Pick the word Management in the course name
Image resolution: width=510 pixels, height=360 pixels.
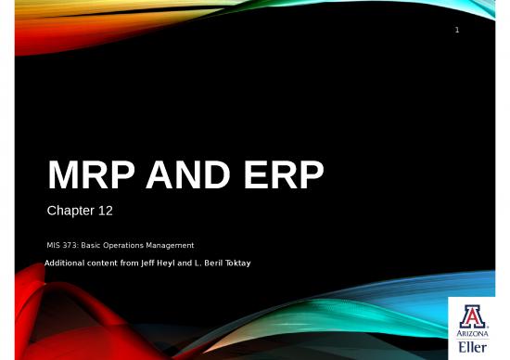pos(171,245)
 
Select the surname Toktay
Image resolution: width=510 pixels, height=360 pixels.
pos(237,264)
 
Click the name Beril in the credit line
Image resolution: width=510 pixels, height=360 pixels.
pos(210,264)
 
